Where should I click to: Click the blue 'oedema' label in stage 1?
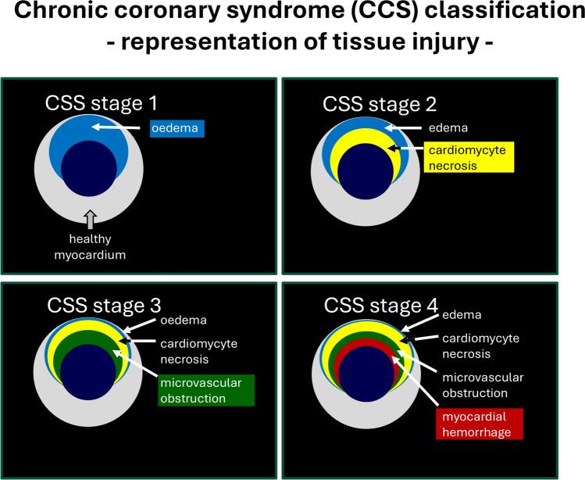tap(177, 127)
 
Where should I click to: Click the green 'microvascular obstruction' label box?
tap(203, 390)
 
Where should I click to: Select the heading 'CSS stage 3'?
tap(102, 303)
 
